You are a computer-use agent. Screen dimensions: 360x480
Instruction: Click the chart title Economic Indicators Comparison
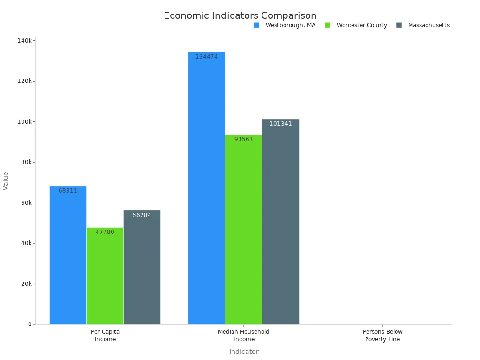pyautogui.click(x=240, y=15)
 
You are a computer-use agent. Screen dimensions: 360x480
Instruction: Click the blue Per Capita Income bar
pyautogui.click(x=68, y=255)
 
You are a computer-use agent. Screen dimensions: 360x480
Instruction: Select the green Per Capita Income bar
pyautogui.click(x=105, y=277)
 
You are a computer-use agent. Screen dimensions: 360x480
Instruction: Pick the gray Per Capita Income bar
pyautogui.click(x=142, y=267)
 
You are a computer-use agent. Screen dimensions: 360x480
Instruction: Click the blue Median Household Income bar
pyautogui.click(x=207, y=187)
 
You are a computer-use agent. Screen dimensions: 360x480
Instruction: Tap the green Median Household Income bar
pyautogui.click(x=244, y=230)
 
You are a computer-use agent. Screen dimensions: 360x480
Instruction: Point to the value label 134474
pyautogui.click(x=207, y=57)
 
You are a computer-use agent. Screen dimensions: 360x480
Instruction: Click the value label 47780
pyautogui.click(x=105, y=232)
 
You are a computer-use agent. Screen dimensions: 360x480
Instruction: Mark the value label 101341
pyautogui.click(x=281, y=124)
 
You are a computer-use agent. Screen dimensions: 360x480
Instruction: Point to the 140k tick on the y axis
pyautogui.click(x=24, y=41)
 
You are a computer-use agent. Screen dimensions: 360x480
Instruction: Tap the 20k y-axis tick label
pyautogui.click(x=26, y=284)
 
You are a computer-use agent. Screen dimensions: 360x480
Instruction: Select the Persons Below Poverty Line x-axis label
pyautogui.click(x=382, y=336)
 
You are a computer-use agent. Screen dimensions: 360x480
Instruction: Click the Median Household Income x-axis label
pyautogui.click(x=244, y=336)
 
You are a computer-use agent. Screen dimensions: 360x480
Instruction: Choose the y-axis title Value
pyautogui.click(x=6, y=180)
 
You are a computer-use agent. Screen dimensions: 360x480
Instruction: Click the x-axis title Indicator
pyautogui.click(x=244, y=352)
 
